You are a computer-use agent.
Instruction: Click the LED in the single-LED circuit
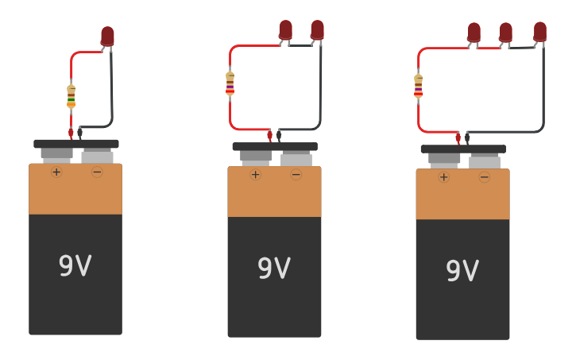click(x=107, y=36)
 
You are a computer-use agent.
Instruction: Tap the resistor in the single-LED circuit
click(x=71, y=96)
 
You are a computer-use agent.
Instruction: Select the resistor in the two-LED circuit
click(x=230, y=83)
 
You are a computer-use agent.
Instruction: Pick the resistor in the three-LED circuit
click(x=418, y=87)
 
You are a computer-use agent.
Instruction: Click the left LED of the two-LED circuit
click(x=285, y=29)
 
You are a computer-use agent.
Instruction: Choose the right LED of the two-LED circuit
click(x=317, y=29)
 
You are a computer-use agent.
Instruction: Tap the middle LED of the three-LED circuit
click(x=505, y=32)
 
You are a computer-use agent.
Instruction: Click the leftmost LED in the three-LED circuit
click(x=474, y=32)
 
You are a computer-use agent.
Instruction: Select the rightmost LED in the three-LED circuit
click(x=539, y=31)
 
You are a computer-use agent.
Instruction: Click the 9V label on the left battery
click(x=75, y=265)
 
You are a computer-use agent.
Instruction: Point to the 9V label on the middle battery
click(x=274, y=269)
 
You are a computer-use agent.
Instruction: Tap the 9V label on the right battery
click(x=462, y=271)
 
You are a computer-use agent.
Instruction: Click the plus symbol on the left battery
click(x=56, y=172)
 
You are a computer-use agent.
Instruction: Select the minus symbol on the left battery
click(x=97, y=172)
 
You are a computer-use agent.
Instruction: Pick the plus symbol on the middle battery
click(x=255, y=175)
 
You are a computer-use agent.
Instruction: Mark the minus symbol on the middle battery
click(x=296, y=175)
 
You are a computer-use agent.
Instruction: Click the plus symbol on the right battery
click(x=443, y=177)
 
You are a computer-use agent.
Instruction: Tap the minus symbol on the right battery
click(x=484, y=177)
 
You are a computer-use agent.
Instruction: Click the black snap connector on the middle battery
click(x=275, y=147)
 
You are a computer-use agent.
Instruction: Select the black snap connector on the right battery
click(x=463, y=149)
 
